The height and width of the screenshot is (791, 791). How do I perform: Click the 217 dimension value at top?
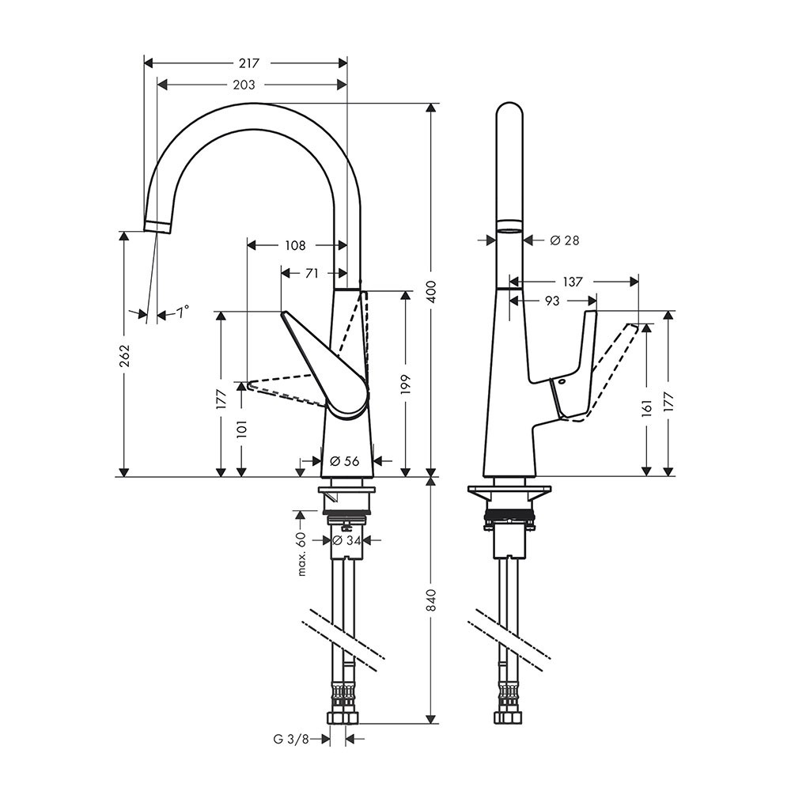pyautogui.click(x=248, y=63)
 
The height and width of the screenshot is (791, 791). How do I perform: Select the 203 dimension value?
pyautogui.click(x=244, y=85)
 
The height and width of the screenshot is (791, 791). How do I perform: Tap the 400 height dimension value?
pyautogui.click(x=431, y=292)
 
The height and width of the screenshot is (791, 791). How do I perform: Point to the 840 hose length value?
pyautogui.click(x=431, y=599)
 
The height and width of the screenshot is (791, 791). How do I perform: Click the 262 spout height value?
pyautogui.click(x=125, y=355)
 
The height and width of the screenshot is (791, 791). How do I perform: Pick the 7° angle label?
pyautogui.click(x=182, y=312)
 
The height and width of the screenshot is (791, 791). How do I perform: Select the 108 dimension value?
pyautogui.click(x=295, y=245)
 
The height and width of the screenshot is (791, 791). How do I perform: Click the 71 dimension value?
pyautogui.click(x=312, y=273)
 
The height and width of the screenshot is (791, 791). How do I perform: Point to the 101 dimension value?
pyautogui.click(x=242, y=429)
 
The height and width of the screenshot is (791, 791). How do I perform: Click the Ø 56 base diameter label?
pyautogui.click(x=345, y=460)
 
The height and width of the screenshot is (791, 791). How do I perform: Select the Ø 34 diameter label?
pyautogui.click(x=346, y=540)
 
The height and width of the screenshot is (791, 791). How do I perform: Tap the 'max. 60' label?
pyautogui.click(x=301, y=554)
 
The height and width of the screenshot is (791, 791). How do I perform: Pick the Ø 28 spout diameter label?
pyautogui.click(x=565, y=240)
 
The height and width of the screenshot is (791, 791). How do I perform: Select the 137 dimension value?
pyautogui.click(x=573, y=282)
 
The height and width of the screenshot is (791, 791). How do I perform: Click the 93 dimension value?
pyautogui.click(x=552, y=301)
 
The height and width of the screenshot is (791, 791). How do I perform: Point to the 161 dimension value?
pyautogui.click(x=647, y=407)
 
